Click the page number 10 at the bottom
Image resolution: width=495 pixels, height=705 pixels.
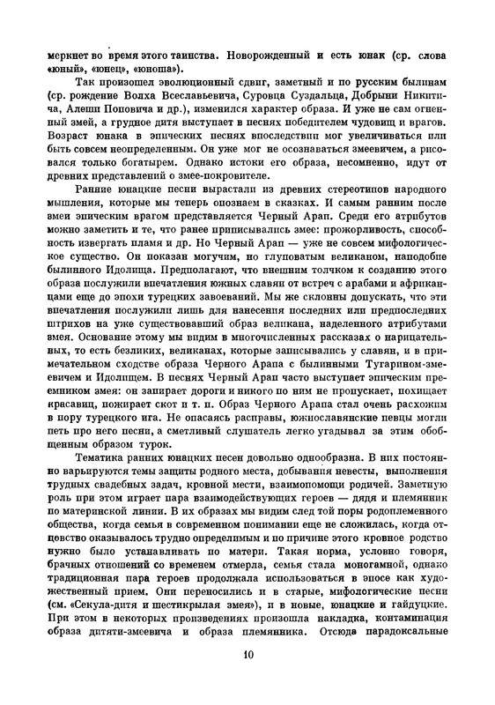pyautogui.click(x=247, y=678)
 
